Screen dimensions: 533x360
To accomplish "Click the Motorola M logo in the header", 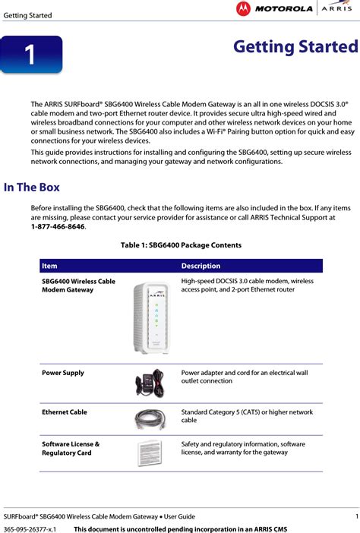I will (243, 9).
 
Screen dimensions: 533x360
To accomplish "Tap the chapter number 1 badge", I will (30, 55).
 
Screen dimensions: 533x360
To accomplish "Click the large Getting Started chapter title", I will (295, 47).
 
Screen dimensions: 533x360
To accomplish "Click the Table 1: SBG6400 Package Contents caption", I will (181, 245).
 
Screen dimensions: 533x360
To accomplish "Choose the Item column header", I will (49, 266).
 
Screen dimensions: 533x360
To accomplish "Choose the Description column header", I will (201, 266).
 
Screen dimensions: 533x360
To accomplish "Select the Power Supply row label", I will (63, 373).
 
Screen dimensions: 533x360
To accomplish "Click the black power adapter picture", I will (150, 382).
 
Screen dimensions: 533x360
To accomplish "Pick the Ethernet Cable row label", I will (65, 412).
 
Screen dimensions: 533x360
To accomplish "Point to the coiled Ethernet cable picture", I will (150, 420).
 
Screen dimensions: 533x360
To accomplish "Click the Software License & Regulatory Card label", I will (71, 448).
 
